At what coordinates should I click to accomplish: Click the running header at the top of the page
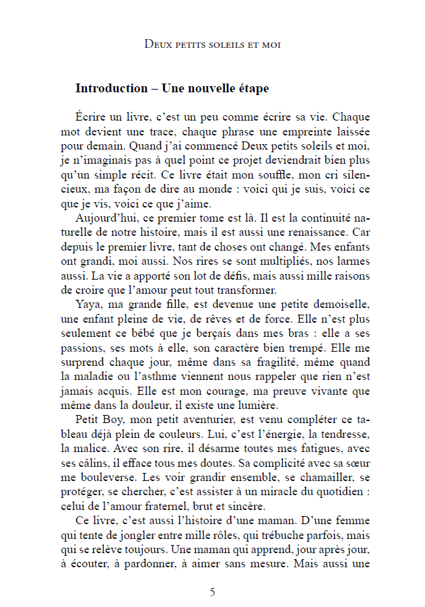click(x=212, y=44)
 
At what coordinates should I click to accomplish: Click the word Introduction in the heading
click(x=111, y=88)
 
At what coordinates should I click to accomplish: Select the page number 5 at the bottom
click(x=213, y=592)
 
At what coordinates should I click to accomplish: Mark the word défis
click(x=240, y=276)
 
